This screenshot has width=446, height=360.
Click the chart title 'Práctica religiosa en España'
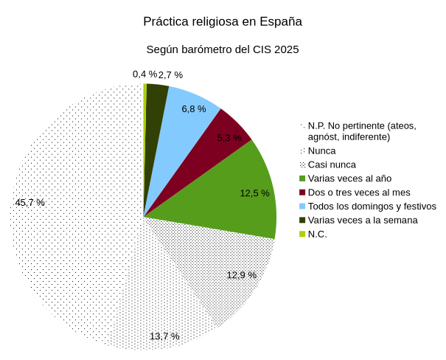point(223,21)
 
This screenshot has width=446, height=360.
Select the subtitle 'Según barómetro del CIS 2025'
point(223,49)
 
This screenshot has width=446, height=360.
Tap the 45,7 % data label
point(30,202)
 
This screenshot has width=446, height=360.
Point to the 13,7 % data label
point(164,336)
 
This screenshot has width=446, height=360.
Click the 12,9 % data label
point(242,275)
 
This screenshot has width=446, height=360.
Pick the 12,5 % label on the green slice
point(254,193)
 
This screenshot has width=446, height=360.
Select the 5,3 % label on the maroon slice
point(229,138)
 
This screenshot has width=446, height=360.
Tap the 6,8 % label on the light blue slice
point(194,109)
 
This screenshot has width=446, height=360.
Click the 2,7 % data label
point(170,75)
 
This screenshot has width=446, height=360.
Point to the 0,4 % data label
point(144,74)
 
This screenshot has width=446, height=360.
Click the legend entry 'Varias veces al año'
point(349,179)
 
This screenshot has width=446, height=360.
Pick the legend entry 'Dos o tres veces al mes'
point(359,193)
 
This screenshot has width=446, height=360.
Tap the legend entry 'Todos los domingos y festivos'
point(372,207)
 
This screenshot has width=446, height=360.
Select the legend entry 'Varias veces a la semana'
point(363,221)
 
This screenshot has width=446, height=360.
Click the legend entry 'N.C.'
point(317,235)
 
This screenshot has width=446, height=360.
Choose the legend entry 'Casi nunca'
point(332,165)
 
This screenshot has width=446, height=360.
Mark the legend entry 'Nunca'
point(321,150)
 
